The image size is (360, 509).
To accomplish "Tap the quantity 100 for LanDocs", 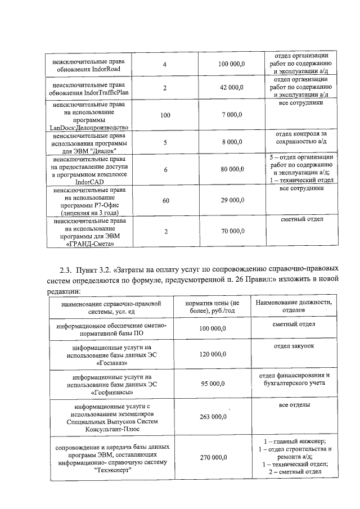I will point(165,115).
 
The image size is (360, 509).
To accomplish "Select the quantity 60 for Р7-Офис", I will point(165,200).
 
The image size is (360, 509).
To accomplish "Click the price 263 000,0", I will point(213,417).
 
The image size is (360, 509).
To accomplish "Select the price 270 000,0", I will point(213,458).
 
